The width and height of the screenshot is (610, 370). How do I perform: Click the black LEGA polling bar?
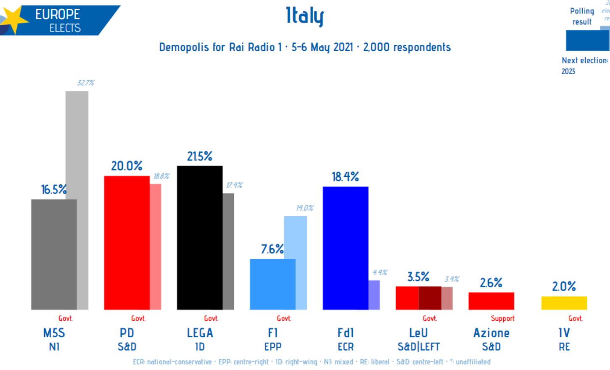(x=200, y=238)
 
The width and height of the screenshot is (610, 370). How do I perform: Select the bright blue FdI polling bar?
(x=345, y=248)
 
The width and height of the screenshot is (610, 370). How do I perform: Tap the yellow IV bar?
(x=564, y=303)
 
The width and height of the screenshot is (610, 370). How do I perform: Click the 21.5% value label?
(x=200, y=156)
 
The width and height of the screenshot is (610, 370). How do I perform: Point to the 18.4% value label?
(x=345, y=177)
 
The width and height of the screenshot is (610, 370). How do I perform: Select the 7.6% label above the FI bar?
(x=272, y=249)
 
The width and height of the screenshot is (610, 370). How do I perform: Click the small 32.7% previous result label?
(x=85, y=83)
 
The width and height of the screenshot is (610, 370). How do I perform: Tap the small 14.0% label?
(x=304, y=208)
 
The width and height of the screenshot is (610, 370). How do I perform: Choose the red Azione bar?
(x=491, y=301)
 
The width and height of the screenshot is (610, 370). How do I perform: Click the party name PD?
(x=127, y=333)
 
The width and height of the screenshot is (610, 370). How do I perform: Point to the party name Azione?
(x=491, y=333)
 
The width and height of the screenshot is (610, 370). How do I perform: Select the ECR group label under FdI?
(x=346, y=347)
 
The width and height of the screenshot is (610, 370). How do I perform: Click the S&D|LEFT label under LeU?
(x=418, y=347)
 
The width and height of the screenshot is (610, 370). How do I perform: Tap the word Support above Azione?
(x=502, y=318)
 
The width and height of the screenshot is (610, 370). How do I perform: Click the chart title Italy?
(x=305, y=16)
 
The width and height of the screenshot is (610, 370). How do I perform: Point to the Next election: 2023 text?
(x=584, y=66)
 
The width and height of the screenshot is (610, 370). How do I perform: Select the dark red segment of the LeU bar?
(x=430, y=298)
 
